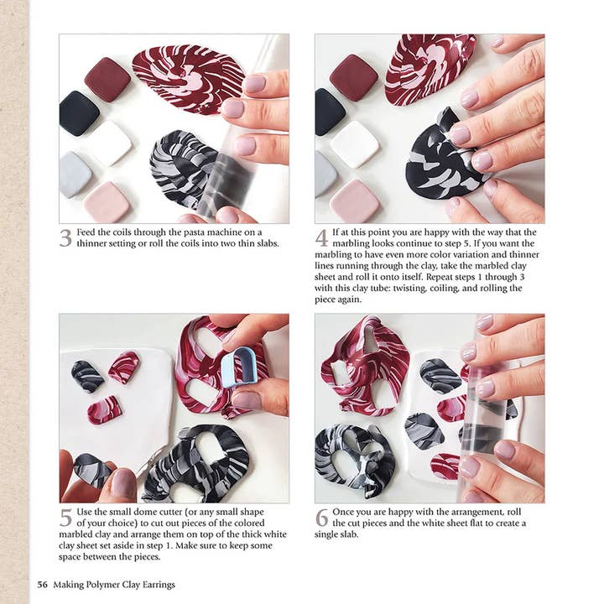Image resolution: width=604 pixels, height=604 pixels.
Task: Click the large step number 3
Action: (65, 237)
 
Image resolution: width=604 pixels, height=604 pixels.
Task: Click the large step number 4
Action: (321, 237)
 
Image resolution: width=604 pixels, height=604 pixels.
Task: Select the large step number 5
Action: (65, 518)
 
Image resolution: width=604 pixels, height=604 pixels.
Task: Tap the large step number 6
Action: (321, 518)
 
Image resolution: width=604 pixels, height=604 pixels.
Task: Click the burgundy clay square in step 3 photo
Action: (107, 78)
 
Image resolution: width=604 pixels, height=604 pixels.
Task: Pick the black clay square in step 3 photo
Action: (79, 112)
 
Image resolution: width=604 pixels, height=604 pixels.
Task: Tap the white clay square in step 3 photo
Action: (109, 142)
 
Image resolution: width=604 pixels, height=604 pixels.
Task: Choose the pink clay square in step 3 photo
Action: (106, 201)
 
